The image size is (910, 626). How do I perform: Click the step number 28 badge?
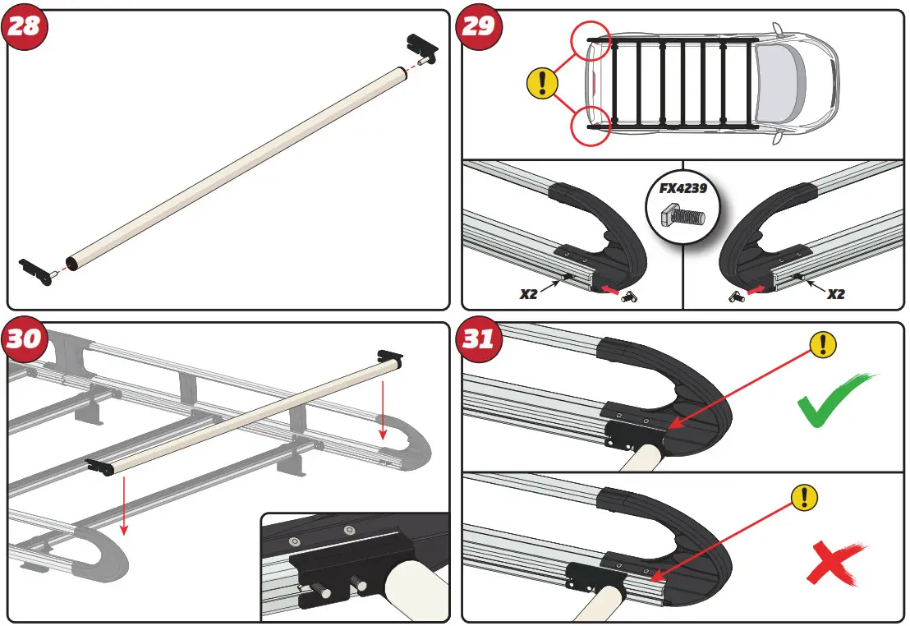coord(23,26)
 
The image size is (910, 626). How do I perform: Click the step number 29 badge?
coord(479,26)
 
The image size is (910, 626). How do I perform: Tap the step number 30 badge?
coord(23,338)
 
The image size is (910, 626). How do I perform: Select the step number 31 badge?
coord(479,338)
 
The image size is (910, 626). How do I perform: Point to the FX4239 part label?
coord(682,187)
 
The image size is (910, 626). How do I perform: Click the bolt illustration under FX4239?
coord(682,216)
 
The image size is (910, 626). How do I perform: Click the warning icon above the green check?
coord(823,345)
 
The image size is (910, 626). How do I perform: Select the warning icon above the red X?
coord(804,496)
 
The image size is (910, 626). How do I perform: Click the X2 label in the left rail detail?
coord(529,293)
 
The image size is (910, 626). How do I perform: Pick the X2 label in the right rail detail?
coord(834,293)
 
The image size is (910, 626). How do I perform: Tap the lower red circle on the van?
coord(591,126)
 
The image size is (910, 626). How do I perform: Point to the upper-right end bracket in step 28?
coord(422,48)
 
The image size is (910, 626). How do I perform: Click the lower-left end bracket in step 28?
coord(37,269)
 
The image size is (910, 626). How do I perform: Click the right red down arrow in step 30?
coord(381,411)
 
